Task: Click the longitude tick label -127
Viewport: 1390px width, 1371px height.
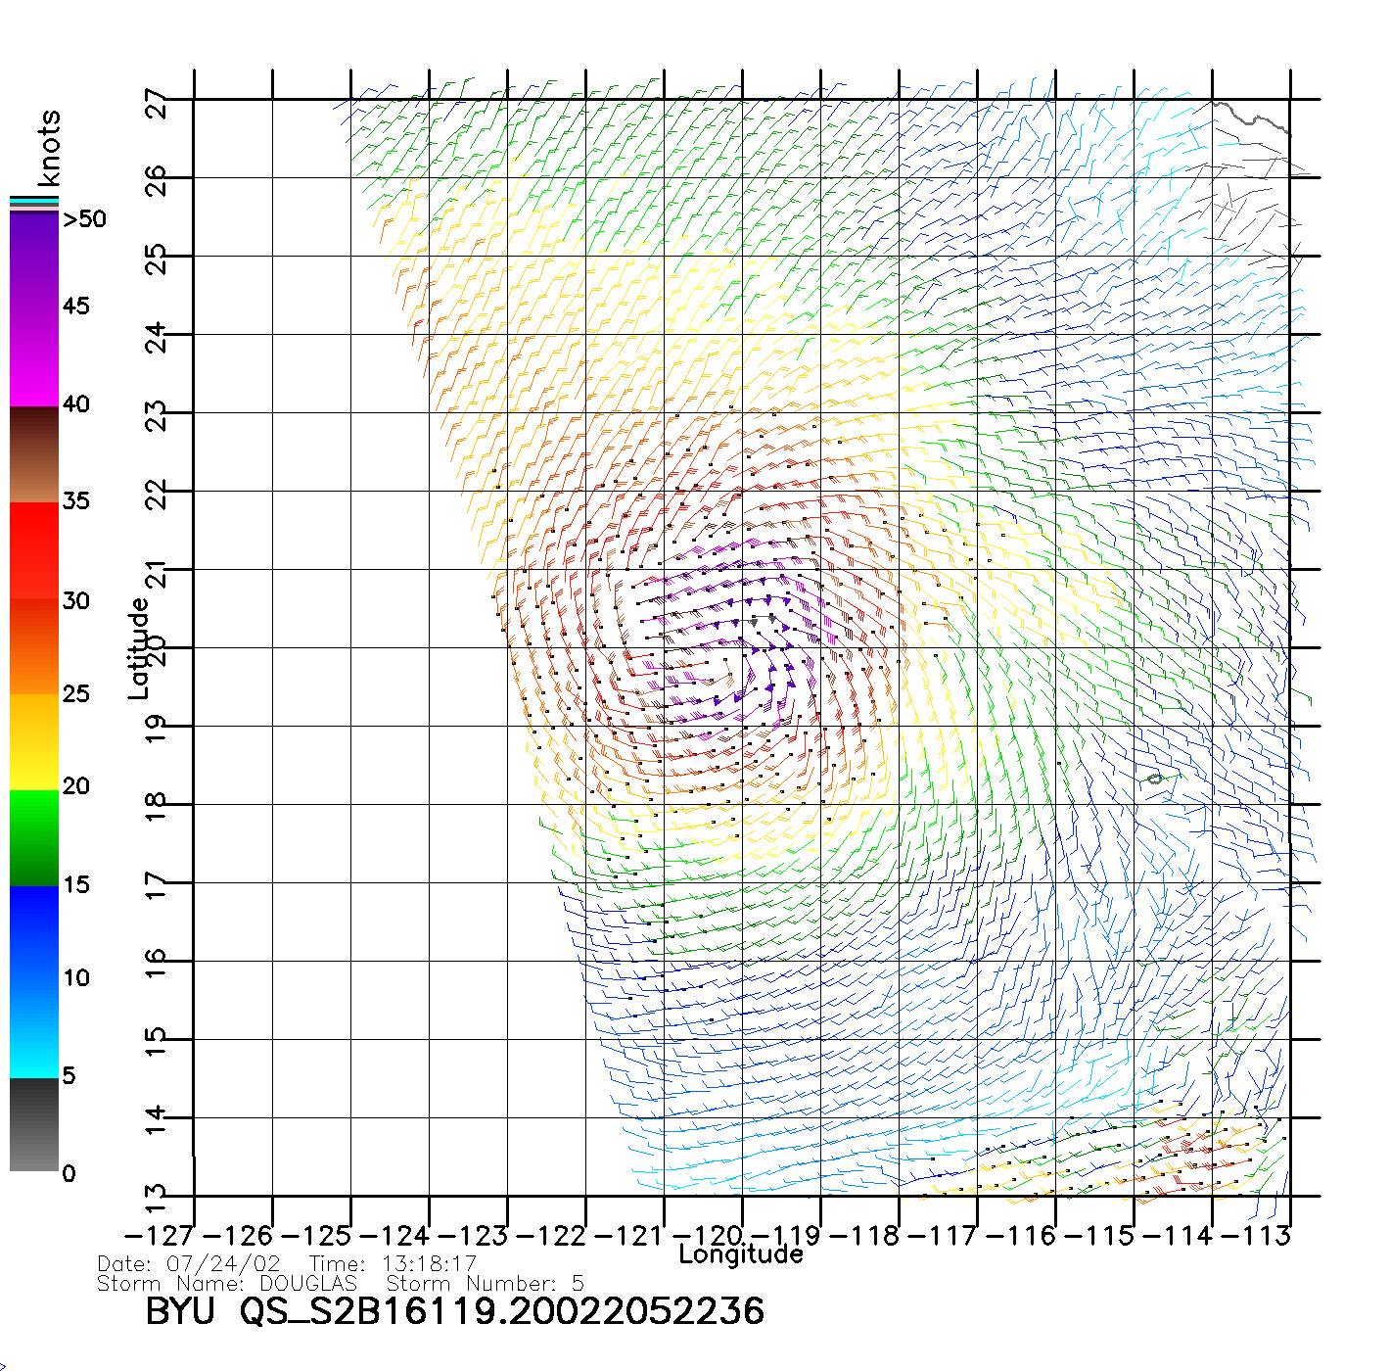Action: click(x=160, y=1236)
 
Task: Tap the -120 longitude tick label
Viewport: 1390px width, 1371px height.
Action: click(x=709, y=1236)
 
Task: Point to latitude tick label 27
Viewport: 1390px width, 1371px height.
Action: click(x=157, y=103)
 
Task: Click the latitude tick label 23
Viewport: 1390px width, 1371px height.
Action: click(x=157, y=417)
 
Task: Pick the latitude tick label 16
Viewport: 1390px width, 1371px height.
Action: click(x=157, y=966)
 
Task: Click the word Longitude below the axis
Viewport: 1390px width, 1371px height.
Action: click(x=741, y=1254)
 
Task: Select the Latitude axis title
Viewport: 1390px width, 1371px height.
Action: click(x=139, y=647)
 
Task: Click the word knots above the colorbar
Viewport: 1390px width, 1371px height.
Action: click(x=49, y=148)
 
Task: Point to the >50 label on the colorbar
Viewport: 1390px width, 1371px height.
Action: click(x=84, y=219)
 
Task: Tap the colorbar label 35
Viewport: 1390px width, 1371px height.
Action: click(x=76, y=501)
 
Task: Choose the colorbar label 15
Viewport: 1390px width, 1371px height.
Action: click(x=76, y=885)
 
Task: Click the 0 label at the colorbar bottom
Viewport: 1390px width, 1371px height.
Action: click(x=69, y=1173)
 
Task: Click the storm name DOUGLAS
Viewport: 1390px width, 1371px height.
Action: click(x=308, y=1283)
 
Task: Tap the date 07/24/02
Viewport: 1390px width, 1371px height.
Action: click(x=223, y=1264)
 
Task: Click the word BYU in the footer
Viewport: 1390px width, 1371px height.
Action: click(x=179, y=1311)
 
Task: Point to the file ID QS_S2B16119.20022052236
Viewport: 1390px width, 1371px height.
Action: click(x=501, y=1311)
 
